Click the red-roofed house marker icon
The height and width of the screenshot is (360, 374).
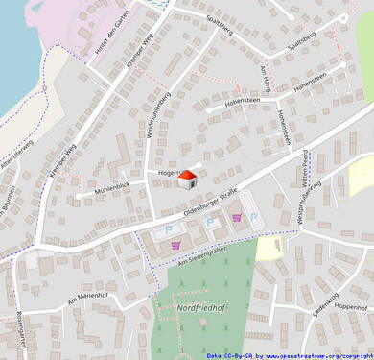tap(188, 180)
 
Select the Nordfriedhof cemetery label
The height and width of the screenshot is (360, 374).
tap(201, 307)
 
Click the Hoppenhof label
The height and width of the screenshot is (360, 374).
tap(351, 307)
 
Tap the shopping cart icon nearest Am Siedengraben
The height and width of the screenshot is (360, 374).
tap(175, 245)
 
